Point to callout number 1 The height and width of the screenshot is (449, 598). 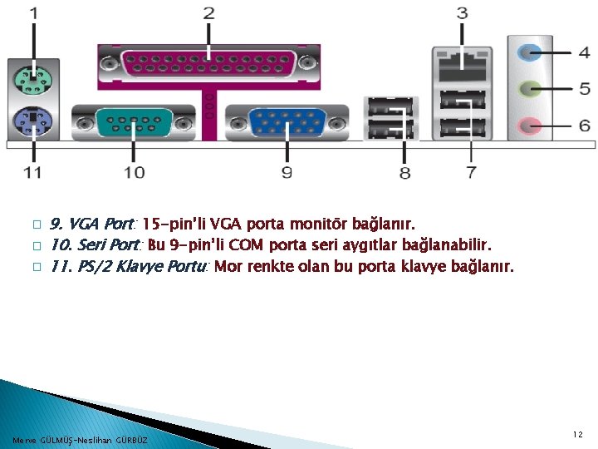pos(34,13)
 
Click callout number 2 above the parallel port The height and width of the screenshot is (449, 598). pos(208,13)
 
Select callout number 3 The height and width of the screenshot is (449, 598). pos(462,13)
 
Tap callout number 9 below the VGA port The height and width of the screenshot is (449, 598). pos(287,172)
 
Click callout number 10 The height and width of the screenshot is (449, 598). pos(134,172)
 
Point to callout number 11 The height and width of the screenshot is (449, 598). pos(32,172)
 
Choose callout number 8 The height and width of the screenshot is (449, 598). pos(404,172)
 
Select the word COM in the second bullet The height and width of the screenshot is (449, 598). pos(247,246)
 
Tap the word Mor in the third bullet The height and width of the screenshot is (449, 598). pos(227,268)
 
